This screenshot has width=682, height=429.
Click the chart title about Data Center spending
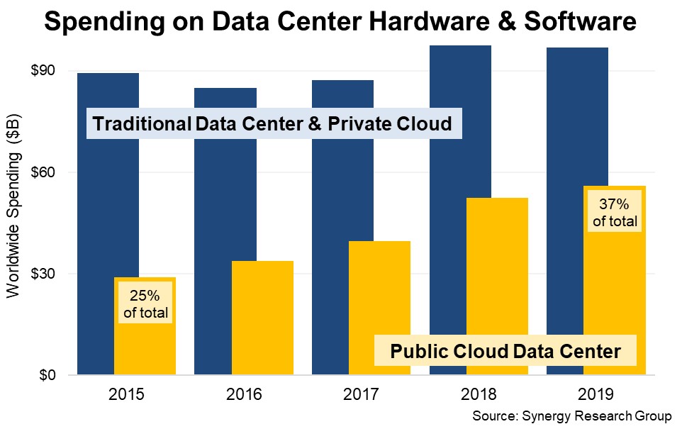[x=340, y=23]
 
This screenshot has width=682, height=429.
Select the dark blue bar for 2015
[x=96, y=213]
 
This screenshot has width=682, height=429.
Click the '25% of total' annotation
[x=145, y=303]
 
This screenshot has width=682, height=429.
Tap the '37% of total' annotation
[x=615, y=213]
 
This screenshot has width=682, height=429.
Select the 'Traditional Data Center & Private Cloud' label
[x=272, y=124]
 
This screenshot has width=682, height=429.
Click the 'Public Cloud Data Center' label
[x=505, y=350]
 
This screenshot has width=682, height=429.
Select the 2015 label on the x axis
[x=126, y=394]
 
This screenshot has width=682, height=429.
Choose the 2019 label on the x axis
[x=596, y=394]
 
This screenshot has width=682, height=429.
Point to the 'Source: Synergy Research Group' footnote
[x=571, y=416]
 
